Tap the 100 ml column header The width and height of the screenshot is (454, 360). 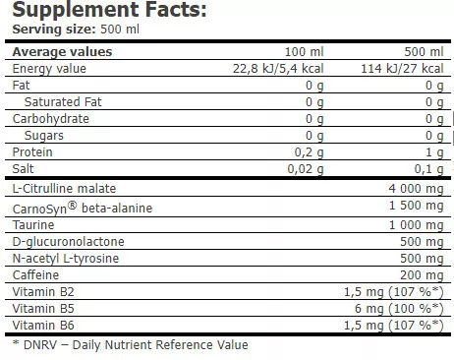coord(303,51)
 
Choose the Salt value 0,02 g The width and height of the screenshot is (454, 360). coord(305,168)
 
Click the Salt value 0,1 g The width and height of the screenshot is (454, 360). coord(422,168)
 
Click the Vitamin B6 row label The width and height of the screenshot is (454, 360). coord(35,326)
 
